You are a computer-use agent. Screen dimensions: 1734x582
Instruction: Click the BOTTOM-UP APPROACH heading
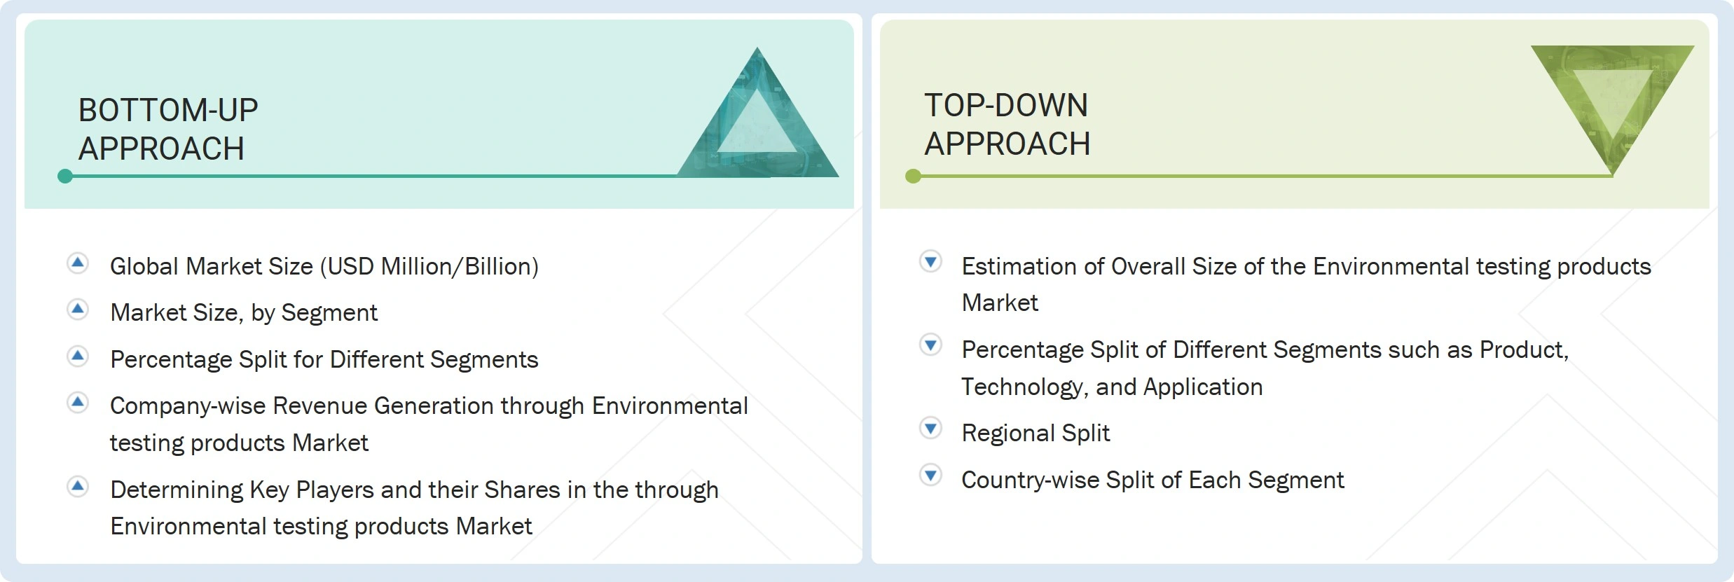(x=168, y=130)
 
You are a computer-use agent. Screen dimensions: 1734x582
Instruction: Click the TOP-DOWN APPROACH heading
(x=1007, y=125)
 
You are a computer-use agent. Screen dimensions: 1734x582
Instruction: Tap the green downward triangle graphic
(x=1612, y=105)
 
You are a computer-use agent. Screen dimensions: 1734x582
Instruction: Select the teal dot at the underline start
(x=65, y=176)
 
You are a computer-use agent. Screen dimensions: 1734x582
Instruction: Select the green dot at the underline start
(x=913, y=176)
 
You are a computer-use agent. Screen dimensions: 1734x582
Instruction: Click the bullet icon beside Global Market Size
(x=78, y=263)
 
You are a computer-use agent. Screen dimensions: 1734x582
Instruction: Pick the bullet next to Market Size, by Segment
(x=78, y=309)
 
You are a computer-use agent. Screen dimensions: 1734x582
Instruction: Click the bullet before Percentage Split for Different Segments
(x=78, y=356)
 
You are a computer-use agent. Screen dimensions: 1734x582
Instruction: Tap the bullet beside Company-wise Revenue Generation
(x=78, y=402)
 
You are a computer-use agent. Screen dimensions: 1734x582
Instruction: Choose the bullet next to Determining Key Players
(x=78, y=486)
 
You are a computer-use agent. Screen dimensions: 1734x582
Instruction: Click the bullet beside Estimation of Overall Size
(x=930, y=262)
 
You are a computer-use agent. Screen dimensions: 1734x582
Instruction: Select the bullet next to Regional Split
(x=930, y=428)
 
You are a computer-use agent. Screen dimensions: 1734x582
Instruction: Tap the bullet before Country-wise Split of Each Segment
(x=930, y=476)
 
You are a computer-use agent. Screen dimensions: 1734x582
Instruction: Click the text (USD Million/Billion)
(x=429, y=267)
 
